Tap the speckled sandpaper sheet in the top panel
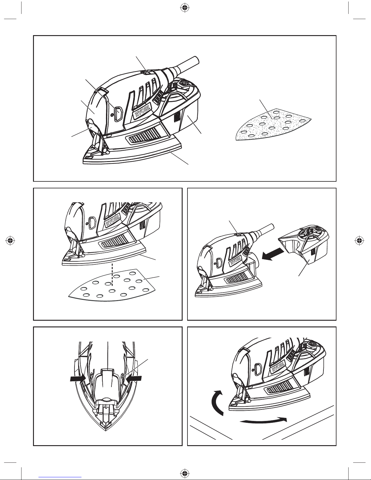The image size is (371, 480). tap(273, 124)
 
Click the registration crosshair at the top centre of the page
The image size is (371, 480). tap(185, 8)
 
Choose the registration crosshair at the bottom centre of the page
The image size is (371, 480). tap(185, 472)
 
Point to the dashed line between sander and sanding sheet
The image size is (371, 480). tap(113, 274)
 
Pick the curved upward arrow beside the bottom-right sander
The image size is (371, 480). tap(215, 403)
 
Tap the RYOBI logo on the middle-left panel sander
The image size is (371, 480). tap(113, 220)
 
